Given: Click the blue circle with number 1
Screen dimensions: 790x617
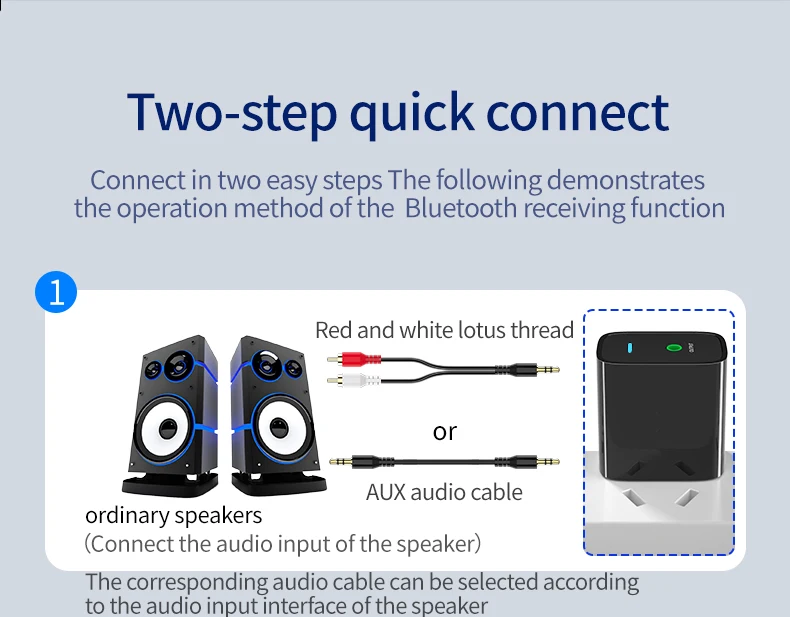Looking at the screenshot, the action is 56,292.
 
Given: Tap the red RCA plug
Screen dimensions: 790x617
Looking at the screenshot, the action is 354,359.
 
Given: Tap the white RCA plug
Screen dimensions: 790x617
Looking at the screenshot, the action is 354,380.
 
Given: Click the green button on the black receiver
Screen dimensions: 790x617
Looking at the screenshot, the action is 674,348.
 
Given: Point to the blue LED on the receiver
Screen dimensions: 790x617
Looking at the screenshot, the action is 630,348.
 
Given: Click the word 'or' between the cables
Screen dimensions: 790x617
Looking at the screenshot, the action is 444,431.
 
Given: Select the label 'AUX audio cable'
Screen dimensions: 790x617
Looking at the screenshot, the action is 444,492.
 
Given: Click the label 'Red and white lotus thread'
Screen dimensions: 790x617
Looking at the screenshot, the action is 444,330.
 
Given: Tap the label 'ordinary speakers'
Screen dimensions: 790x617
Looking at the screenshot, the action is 174,515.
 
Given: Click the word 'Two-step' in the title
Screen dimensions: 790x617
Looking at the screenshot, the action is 232,112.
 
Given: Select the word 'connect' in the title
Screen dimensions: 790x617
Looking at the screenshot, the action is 577,112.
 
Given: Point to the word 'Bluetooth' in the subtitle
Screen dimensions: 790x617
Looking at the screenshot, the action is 460,208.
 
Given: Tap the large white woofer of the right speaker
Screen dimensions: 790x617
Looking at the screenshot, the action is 277,429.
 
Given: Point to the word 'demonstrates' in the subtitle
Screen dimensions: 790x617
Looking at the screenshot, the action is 625,180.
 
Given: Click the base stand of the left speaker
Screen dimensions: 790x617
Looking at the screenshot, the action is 170,485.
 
